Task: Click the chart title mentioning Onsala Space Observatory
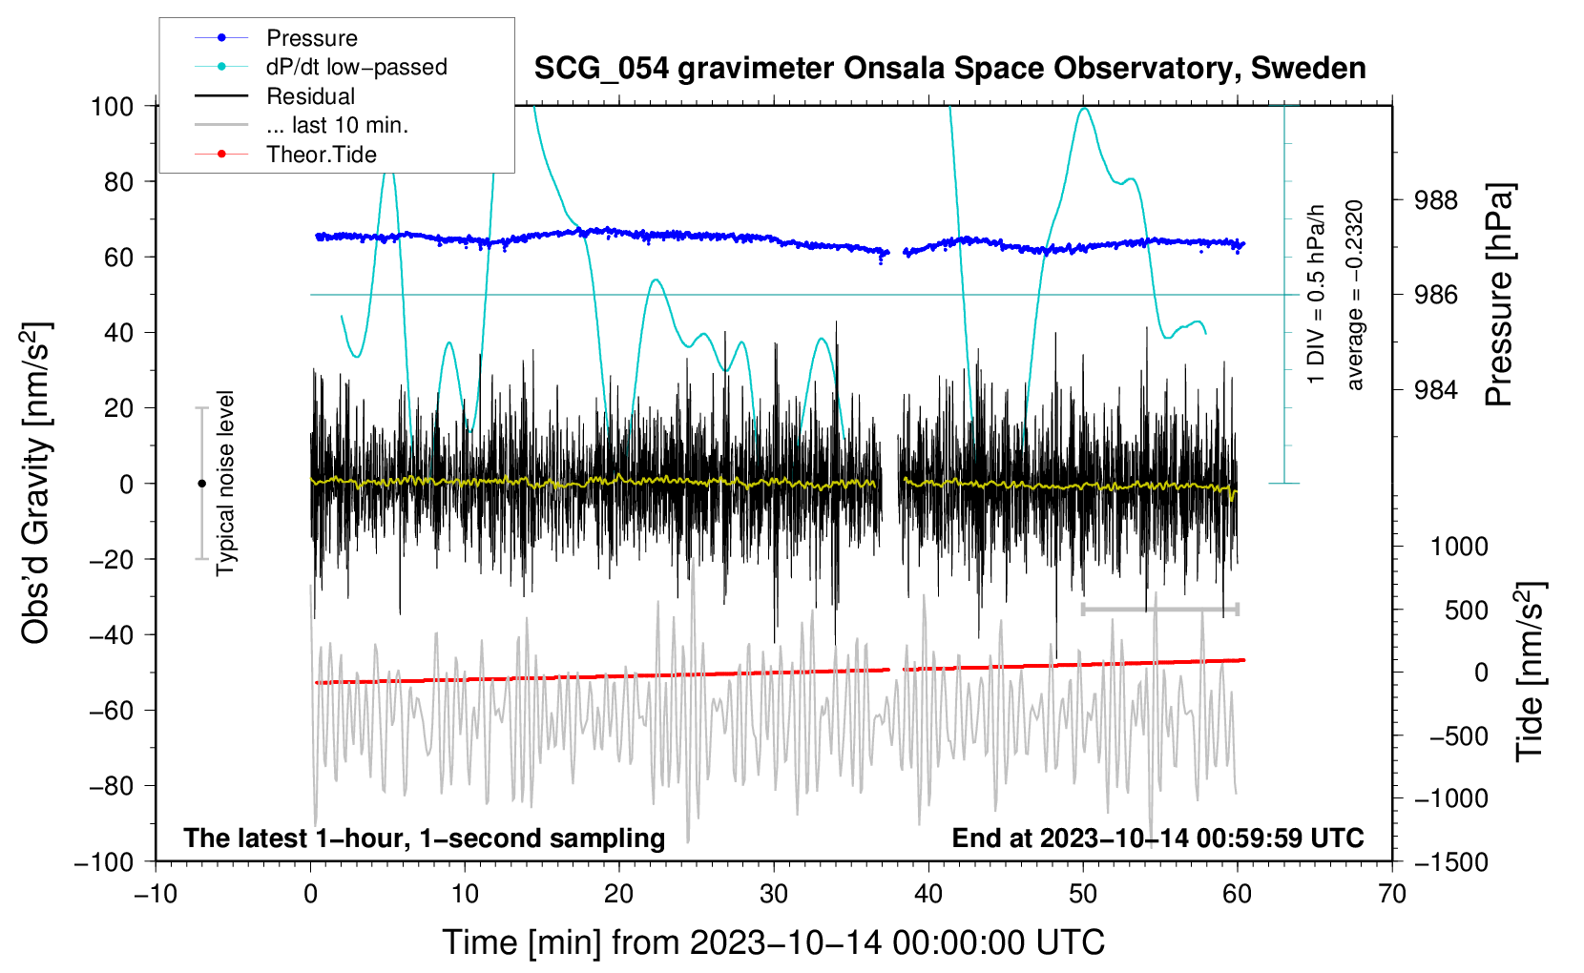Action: pyautogui.click(x=949, y=69)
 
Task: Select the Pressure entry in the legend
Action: pyautogui.click(x=311, y=38)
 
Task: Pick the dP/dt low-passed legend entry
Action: pyautogui.click(x=356, y=67)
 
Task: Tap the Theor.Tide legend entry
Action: pyautogui.click(x=321, y=155)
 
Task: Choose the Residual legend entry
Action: pyautogui.click(x=310, y=96)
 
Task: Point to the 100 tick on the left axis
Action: pyautogui.click(x=112, y=106)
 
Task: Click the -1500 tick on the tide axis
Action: pyautogui.click(x=1450, y=861)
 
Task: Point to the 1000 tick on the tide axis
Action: pyautogui.click(x=1459, y=547)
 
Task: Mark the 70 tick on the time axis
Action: pyautogui.click(x=1392, y=894)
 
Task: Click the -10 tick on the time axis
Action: pyautogui.click(x=156, y=894)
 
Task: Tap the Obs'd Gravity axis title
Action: pyautogui.click(x=35, y=484)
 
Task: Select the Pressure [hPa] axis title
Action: pyautogui.click(x=1500, y=296)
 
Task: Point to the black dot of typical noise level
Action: pyautogui.click(x=201, y=484)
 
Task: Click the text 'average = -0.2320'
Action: pyautogui.click(x=1355, y=296)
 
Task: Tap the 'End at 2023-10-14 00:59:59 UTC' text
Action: pyautogui.click(x=1157, y=838)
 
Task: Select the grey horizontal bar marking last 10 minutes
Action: pyautogui.click(x=1160, y=609)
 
